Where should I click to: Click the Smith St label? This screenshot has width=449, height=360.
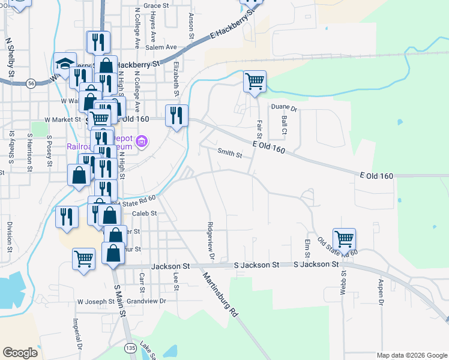pyautogui.click(x=229, y=155)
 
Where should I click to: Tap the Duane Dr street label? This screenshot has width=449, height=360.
pyautogui.click(x=284, y=109)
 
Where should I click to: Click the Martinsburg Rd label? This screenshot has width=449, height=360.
pyautogui.click(x=221, y=295)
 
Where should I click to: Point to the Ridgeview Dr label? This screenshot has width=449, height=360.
pyautogui.click(x=211, y=240)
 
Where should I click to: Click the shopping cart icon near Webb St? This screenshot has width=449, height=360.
pyautogui.click(x=344, y=239)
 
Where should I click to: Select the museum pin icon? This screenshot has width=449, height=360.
pyautogui.click(x=142, y=142)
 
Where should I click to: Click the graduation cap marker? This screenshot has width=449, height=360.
pyautogui.click(x=64, y=64)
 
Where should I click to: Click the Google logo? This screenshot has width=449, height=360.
pyautogui.click(x=20, y=352)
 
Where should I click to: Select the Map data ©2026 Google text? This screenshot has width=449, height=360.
pyautogui.click(x=411, y=355)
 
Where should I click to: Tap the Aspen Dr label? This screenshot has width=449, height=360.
pyautogui.click(x=381, y=292)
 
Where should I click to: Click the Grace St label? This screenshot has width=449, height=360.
pyautogui.click(x=157, y=5)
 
